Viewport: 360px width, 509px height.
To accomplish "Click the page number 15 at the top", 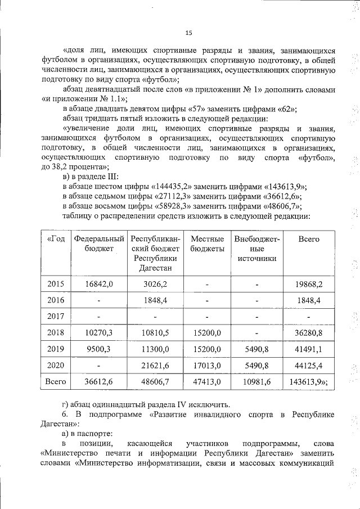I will pos(189,32).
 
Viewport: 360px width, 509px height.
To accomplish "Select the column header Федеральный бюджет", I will pos(99,244).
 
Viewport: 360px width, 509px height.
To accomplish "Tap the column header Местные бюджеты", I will pos(207,244).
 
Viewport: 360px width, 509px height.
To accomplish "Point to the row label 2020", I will pos(56,365).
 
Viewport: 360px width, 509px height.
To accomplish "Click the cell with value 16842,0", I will pos(99,284).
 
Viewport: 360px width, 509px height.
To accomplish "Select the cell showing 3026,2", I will pos(155,284).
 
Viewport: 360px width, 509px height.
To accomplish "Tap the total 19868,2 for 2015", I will pos(308,284).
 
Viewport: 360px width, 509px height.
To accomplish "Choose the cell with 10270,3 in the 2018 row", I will pos(99,332).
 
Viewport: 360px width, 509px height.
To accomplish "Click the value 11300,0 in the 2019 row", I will pos(155,349).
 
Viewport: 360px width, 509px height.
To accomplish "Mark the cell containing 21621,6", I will pos(155,365).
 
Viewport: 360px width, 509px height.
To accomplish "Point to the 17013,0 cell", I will pos(207,365).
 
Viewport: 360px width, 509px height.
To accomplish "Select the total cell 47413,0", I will pos(207,382).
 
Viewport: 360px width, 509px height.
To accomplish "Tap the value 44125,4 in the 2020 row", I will pos(308,365).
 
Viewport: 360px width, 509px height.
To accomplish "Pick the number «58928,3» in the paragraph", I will pos(173,206).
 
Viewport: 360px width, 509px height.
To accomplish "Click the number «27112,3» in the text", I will pos(173,196).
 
